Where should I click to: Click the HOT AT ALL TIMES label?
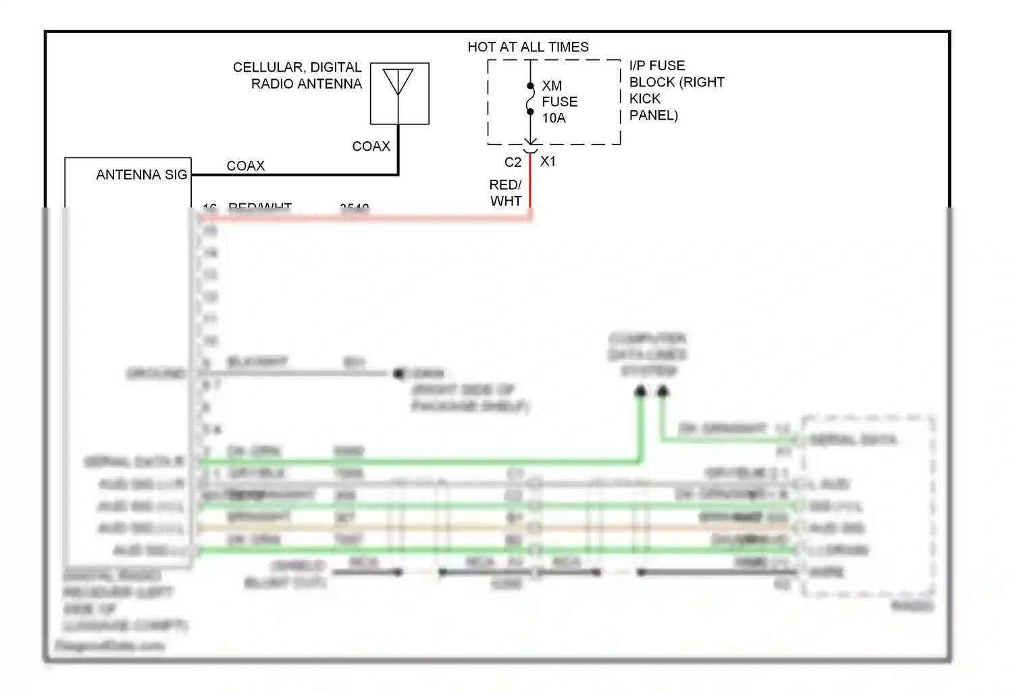click(527, 47)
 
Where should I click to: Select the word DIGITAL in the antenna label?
click(336, 68)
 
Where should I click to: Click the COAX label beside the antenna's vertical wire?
click(371, 147)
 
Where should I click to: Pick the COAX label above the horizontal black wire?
click(245, 166)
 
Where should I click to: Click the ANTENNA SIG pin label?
click(141, 175)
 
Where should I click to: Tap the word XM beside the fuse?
click(552, 86)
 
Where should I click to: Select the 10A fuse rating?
click(554, 118)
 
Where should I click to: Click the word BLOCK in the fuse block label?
click(652, 82)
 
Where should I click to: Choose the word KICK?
click(644, 99)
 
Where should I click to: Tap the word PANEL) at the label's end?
click(653, 116)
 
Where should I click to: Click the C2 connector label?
click(513, 162)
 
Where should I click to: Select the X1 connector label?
click(548, 162)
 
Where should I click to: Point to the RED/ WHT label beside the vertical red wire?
click(506, 193)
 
